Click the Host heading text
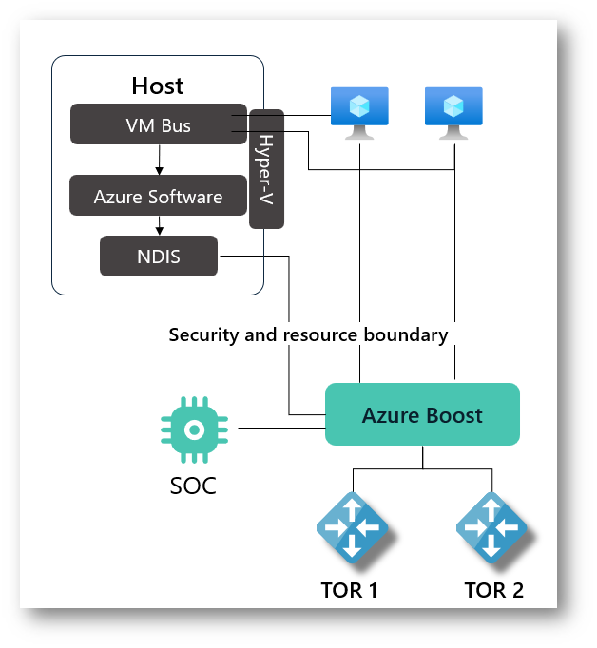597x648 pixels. point(158,86)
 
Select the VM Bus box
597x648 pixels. point(158,124)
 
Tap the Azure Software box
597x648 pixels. point(158,197)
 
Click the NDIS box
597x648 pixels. point(158,256)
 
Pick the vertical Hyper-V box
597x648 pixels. point(266,168)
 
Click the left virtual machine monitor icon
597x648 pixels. point(359,112)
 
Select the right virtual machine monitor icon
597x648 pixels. point(453,112)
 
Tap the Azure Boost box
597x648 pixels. point(422,415)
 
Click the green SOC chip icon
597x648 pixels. point(193,429)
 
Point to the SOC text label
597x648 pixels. point(193,486)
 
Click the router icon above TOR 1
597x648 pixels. point(352,525)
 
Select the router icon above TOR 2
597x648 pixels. point(491,525)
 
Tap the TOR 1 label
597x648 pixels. point(349,590)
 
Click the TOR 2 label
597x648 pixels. point(493,590)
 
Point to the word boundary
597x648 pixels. point(407,334)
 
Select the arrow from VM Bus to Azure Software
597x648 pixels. point(158,160)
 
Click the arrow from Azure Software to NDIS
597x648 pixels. point(158,226)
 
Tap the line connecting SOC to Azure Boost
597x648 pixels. point(281,429)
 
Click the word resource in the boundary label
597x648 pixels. point(318,334)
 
